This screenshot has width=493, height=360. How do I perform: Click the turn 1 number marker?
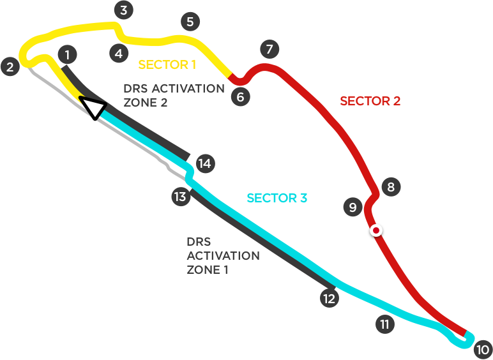67,55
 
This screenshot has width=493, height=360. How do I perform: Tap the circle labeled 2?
10,66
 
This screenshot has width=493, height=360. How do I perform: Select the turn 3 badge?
123,10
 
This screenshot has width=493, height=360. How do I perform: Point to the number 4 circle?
119,54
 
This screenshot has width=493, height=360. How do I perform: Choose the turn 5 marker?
189,22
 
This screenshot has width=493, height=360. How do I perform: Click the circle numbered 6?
240,97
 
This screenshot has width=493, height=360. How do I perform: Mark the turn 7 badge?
269,49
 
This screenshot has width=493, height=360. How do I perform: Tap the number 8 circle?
391,187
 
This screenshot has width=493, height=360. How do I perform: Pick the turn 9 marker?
352,207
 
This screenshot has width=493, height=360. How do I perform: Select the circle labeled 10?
482,350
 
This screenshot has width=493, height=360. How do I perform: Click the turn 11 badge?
384,324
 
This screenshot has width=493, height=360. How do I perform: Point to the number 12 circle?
329,298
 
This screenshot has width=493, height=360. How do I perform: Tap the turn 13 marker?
180,197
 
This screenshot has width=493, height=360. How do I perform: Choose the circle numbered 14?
204,164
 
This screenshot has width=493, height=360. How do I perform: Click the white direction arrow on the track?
93,108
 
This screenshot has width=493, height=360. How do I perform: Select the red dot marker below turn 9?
377,230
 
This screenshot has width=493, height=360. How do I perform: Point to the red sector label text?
370,101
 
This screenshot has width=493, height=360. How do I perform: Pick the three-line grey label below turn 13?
218,256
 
